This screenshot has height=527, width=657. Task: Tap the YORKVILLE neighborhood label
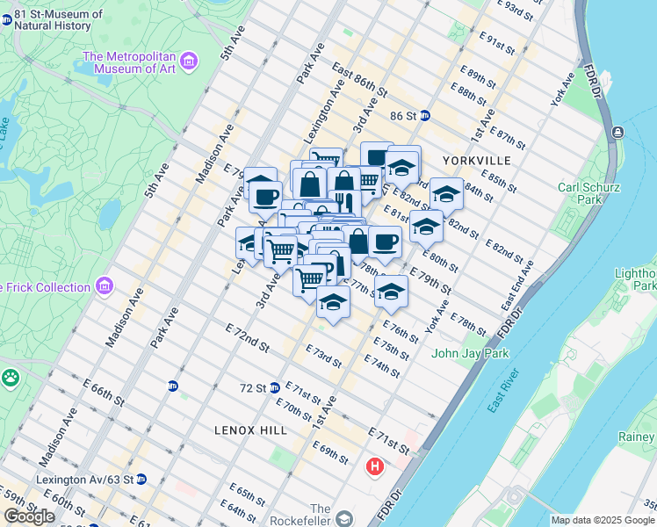pos(476,161)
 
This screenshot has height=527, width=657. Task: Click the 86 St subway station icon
pos(424,116)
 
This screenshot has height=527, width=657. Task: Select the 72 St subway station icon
pos(275,387)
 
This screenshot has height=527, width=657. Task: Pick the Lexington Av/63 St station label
pos(84,480)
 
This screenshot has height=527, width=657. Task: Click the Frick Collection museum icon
pos(105,286)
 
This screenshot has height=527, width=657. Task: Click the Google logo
pos(29,516)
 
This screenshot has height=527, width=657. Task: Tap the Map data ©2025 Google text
pos(603,520)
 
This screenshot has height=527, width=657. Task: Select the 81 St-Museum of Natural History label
pos(58,19)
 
